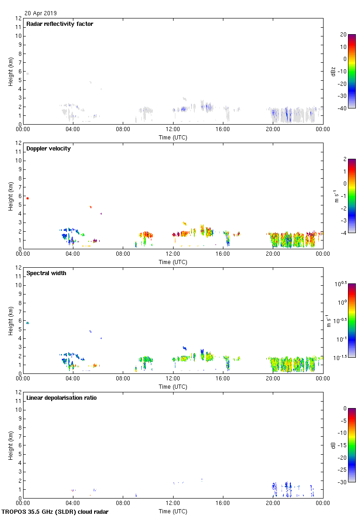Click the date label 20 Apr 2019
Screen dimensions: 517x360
(x=41, y=13)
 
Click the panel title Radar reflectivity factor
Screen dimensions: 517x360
(x=60, y=24)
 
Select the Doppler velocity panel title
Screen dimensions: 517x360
(x=48, y=149)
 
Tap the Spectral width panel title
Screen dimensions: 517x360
(x=47, y=273)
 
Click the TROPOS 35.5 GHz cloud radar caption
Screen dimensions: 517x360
(x=55, y=511)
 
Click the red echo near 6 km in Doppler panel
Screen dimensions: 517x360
(x=27, y=198)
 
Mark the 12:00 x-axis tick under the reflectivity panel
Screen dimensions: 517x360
(x=173, y=130)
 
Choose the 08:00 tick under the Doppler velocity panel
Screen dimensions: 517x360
(x=123, y=254)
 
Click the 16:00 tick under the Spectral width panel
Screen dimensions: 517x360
(x=223, y=379)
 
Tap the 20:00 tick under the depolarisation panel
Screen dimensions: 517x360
(x=273, y=504)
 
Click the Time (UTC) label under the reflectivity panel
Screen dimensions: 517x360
(x=173, y=137)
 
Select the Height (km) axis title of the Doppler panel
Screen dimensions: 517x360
(x=11, y=196)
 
